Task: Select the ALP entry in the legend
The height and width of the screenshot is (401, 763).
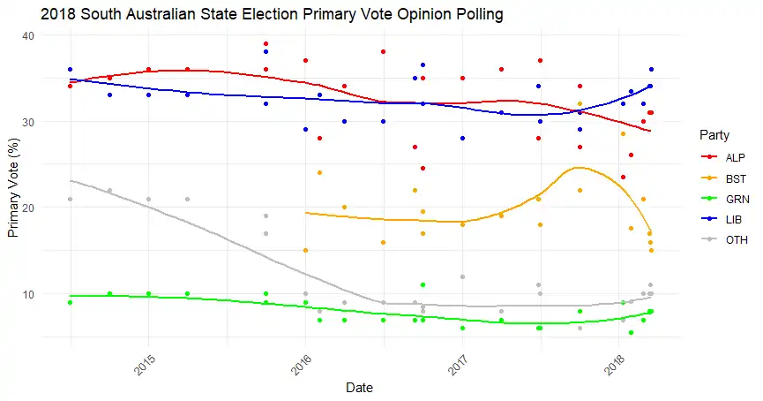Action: (x=722, y=155)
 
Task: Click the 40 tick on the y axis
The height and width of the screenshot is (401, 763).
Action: (x=52, y=35)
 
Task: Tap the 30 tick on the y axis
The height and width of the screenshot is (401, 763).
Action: (x=52, y=122)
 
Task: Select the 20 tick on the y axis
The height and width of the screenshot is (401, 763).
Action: (x=52, y=208)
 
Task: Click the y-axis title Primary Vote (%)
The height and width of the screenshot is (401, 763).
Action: (x=13, y=190)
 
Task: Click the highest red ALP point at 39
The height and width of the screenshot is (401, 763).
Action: (x=266, y=44)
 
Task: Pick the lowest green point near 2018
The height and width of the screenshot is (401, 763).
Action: (x=631, y=332)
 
